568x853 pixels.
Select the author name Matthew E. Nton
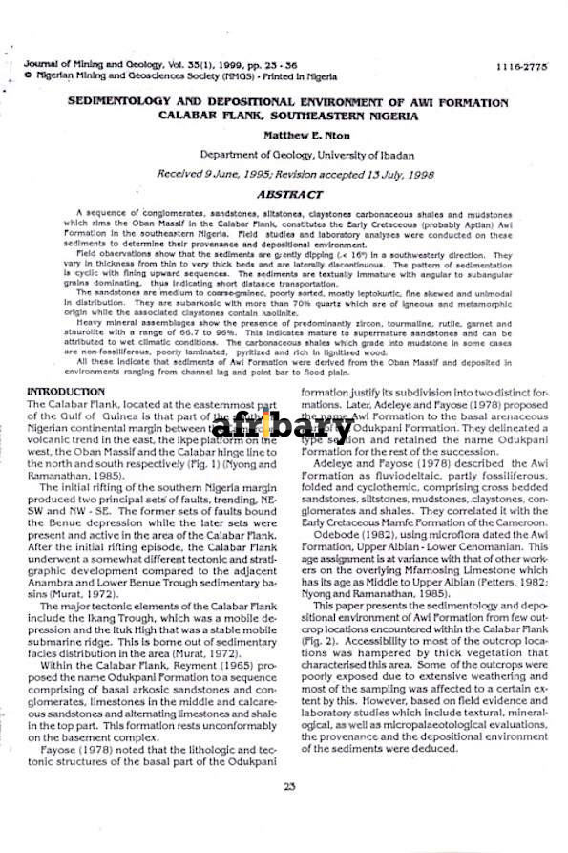(x=306, y=136)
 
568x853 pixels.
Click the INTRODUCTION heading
(x=66, y=392)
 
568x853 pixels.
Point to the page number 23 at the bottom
(x=289, y=786)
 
